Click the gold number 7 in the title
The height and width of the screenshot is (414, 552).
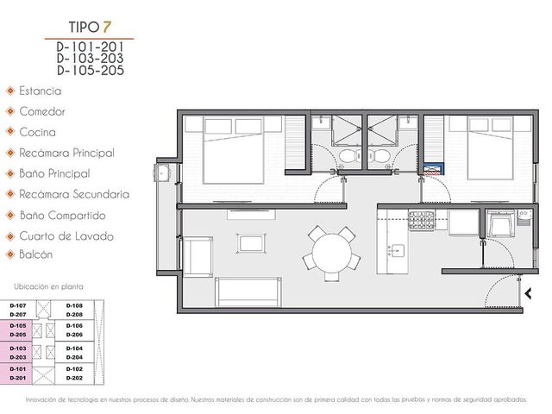[x=107, y=27]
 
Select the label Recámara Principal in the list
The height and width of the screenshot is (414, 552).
[x=67, y=154]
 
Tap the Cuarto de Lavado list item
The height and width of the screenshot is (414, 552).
[x=66, y=235]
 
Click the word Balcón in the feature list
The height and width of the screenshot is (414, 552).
[x=36, y=254]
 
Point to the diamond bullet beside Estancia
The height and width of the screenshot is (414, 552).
[x=10, y=91]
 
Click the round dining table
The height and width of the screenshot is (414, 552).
[x=331, y=252]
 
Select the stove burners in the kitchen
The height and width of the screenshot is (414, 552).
[x=422, y=221]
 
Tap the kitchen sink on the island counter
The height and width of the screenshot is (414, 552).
[x=398, y=250]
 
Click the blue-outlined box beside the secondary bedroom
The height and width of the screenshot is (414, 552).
[x=433, y=169]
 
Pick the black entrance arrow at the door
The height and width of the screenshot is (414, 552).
[x=528, y=293]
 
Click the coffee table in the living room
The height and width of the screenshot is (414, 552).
[x=251, y=243]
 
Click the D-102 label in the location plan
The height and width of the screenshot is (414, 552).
[x=74, y=369]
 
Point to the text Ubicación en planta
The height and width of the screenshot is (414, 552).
[x=48, y=287]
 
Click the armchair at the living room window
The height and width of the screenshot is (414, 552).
[x=198, y=257]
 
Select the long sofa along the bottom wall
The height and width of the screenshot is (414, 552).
[x=248, y=292]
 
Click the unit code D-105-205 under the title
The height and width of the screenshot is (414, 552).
[x=91, y=71]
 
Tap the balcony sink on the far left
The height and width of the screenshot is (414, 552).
[x=162, y=173]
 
